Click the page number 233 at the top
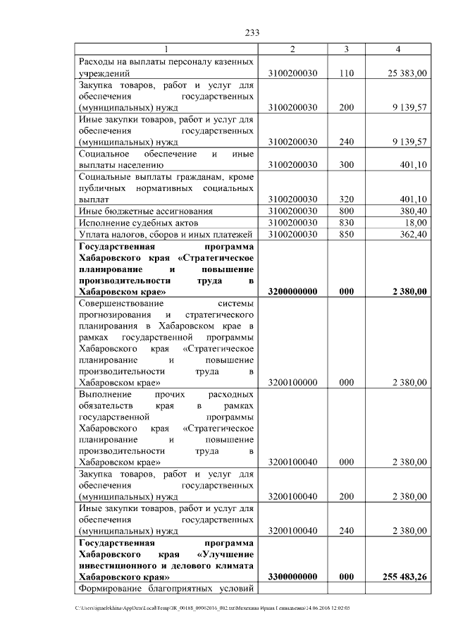pyautogui.click(x=253, y=32)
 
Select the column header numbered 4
pyautogui.click(x=398, y=49)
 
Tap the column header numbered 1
pyautogui.click(x=166, y=49)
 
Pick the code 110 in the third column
pyautogui.click(x=346, y=73)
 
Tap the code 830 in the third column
pyautogui.click(x=346, y=222)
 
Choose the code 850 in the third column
pyautogui.click(x=346, y=234)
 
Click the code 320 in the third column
pyautogui.click(x=346, y=200)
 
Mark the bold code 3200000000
pyautogui.click(x=293, y=291)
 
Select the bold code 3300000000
pyautogui.click(x=293, y=577)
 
